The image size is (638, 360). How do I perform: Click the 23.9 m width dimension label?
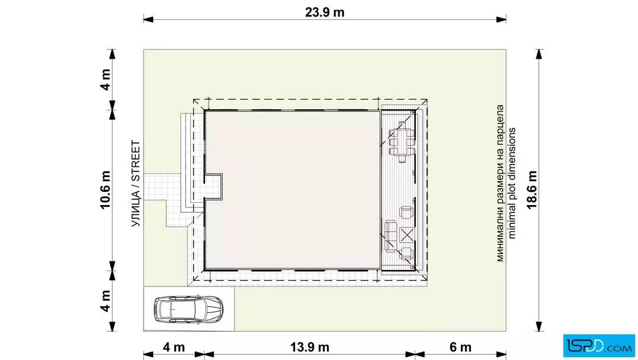click(325, 12)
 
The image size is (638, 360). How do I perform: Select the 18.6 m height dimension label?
click(532, 190)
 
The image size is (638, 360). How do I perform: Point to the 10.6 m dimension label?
click(105, 190)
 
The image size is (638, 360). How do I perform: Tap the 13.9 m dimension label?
click(309, 347)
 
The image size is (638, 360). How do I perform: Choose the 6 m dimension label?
click(461, 347)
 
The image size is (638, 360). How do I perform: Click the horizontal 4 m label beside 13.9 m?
click(174, 347)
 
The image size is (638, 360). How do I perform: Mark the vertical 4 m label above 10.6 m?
click(105, 80)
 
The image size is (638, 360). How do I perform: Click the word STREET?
click(136, 161)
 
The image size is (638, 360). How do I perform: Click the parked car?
click(189, 309)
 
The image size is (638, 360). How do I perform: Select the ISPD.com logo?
click(599, 346)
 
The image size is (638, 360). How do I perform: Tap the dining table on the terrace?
click(402, 142)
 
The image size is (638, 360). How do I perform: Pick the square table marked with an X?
click(407, 235)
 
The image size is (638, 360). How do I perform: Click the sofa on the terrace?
click(391, 236)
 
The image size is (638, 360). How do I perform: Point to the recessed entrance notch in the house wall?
click(213, 187)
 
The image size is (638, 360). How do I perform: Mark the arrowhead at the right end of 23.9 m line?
click(501, 19)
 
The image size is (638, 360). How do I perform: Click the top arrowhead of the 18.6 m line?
click(539, 55)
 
